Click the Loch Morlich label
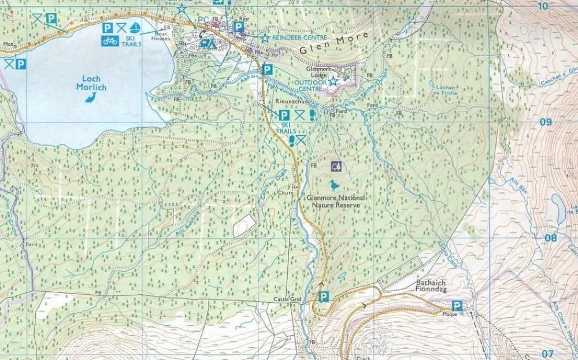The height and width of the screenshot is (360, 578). [91, 83]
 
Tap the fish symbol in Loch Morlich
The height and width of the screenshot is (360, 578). [91, 98]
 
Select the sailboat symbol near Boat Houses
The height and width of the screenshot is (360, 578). [135, 28]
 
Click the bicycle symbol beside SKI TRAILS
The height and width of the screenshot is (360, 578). [110, 40]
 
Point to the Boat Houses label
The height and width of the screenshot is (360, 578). [161, 36]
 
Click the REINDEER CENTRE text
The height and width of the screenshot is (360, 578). [299, 38]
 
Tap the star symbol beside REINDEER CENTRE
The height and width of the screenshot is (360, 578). [265, 38]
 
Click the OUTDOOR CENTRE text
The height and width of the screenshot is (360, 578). [311, 82]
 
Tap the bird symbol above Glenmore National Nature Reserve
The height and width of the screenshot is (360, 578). [334, 185]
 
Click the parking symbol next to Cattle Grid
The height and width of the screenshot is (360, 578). [324, 297]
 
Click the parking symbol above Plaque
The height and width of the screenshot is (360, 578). [457, 306]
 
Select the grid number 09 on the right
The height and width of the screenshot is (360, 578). [545, 122]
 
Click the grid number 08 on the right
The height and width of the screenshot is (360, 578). [550, 237]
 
